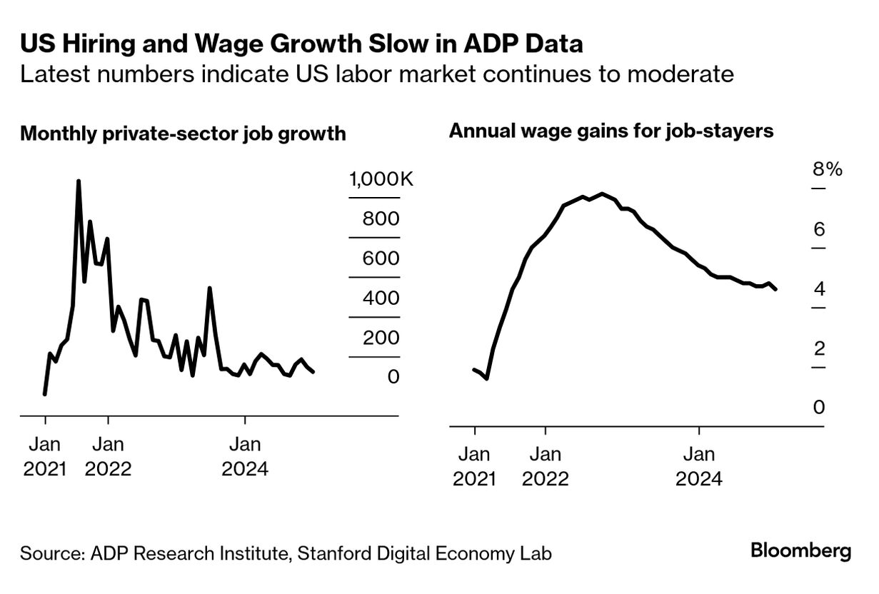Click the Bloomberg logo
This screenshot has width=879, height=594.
point(800,551)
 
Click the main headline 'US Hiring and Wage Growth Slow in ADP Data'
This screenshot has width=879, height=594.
point(301,44)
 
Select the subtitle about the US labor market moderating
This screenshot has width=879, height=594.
point(377,74)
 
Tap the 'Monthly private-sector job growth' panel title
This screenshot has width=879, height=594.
point(183,134)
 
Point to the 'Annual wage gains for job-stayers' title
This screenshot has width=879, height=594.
point(611,131)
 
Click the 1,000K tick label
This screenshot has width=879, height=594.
point(381,179)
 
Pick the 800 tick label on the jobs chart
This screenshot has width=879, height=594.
point(381,219)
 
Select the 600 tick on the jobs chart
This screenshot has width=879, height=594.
point(381,258)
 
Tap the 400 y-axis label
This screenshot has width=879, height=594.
point(381,298)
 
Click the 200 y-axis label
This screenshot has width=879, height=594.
point(381,338)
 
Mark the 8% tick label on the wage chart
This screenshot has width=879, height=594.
point(827,169)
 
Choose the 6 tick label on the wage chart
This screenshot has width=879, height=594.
point(819,229)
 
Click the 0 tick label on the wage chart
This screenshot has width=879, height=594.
point(819,408)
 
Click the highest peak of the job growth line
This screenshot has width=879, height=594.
point(79,181)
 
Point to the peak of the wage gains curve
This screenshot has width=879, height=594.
point(603,193)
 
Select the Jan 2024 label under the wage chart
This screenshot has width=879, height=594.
point(699,466)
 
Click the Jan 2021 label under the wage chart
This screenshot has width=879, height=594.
point(474,466)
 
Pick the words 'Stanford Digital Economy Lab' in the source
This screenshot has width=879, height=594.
point(425,553)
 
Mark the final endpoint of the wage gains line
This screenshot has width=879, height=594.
point(775,289)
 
